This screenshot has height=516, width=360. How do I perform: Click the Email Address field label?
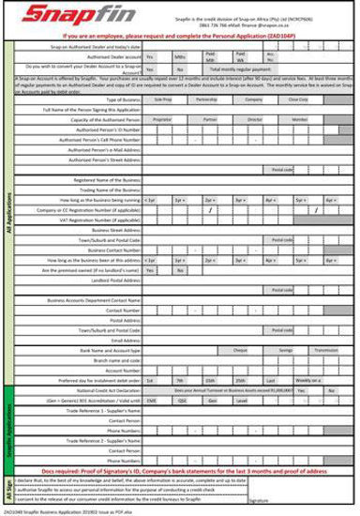(x=123, y=339)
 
